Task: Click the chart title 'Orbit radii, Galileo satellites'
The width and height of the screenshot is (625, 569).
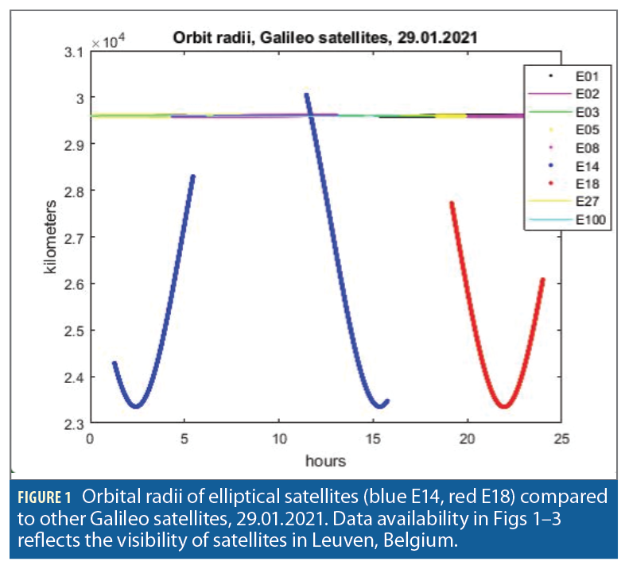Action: click(324, 37)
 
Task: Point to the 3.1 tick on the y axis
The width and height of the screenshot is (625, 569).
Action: click(75, 52)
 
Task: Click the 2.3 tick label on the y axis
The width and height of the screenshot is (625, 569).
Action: click(75, 423)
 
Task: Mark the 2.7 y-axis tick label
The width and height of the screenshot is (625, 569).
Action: click(75, 237)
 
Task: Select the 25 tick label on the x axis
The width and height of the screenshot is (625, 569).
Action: click(561, 439)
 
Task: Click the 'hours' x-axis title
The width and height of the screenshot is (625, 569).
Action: click(326, 460)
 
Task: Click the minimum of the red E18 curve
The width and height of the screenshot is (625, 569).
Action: click(503, 406)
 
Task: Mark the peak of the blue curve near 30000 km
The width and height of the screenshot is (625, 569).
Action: click(306, 95)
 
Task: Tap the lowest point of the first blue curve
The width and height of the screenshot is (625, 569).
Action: click(136, 406)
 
